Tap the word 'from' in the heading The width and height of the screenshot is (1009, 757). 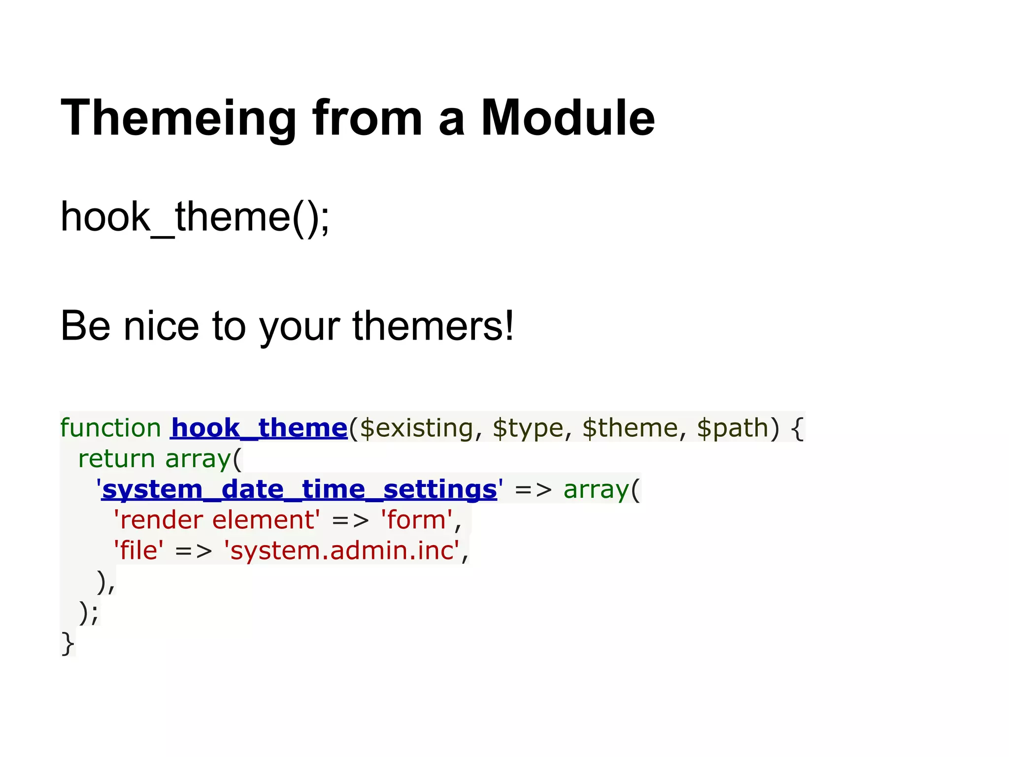point(367,118)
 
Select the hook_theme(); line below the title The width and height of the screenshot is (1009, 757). point(195,217)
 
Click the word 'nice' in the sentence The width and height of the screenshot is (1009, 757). point(161,326)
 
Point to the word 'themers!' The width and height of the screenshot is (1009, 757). point(433,326)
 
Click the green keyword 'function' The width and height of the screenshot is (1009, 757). point(110,428)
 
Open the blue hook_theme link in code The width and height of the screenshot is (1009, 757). point(259,428)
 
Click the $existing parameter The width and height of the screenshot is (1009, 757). point(416,428)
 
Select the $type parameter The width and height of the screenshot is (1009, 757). point(527,428)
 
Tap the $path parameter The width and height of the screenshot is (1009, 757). point(733,428)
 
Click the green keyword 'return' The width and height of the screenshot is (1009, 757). point(117,459)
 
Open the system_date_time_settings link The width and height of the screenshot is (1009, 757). point(299,490)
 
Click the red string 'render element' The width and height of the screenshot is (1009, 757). point(216,520)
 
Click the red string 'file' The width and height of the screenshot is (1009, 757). point(138,551)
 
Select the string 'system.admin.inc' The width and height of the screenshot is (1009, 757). point(341,551)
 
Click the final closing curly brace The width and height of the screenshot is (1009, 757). point(67,644)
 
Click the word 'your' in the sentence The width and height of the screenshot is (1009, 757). point(300,326)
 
